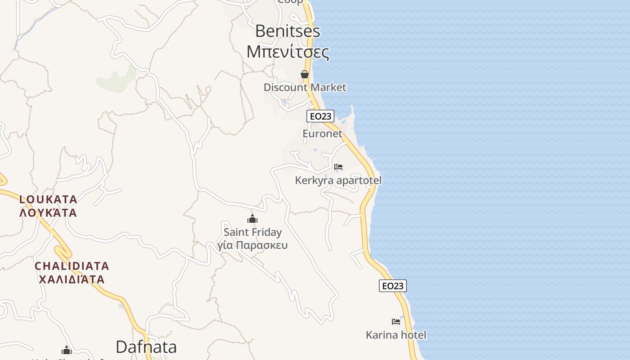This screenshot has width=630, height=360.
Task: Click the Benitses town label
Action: (x=288, y=31)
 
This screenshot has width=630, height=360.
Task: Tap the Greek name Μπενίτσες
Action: (x=288, y=52)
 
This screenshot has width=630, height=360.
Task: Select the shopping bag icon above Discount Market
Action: (x=305, y=74)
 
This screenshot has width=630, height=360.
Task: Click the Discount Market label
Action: (x=305, y=87)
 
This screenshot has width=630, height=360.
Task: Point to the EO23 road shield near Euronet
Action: (x=320, y=116)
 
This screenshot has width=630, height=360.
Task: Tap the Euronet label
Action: (x=322, y=134)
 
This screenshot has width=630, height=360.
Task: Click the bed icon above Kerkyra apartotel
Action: (x=338, y=167)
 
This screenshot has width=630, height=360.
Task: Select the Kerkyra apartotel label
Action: (x=338, y=180)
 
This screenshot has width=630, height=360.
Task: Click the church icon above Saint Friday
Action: (x=252, y=219)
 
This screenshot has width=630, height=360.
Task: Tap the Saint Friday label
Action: (x=252, y=232)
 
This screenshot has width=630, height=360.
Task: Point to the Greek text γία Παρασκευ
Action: (x=252, y=245)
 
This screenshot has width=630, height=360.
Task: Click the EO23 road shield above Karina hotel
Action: (x=392, y=286)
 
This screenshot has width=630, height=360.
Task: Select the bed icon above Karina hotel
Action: (x=396, y=322)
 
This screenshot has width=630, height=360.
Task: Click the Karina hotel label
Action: (x=396, y=335)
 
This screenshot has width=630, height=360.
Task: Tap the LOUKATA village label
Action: (x=48, y=199)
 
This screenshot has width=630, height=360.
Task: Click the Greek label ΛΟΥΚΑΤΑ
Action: (x=48, y=212)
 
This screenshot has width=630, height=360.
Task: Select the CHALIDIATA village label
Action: (x=72, y=266)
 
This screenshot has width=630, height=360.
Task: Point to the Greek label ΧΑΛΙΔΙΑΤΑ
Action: (x=72, y=279)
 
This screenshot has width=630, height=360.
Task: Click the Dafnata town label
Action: (x=146, y=347)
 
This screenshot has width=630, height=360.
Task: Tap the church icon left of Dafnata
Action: (x=67, y=350)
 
